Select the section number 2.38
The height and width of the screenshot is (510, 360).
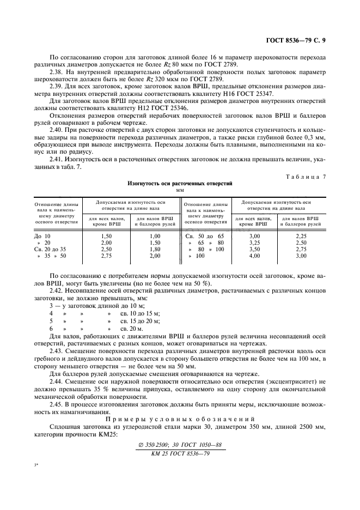57,71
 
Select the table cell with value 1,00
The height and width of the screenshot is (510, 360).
156,235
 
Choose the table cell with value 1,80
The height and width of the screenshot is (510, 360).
156,248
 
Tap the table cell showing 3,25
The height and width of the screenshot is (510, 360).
254,242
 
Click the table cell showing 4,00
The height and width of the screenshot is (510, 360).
254,255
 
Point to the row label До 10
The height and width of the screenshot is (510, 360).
42,235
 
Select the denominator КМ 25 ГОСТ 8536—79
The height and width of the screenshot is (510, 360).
180,453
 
